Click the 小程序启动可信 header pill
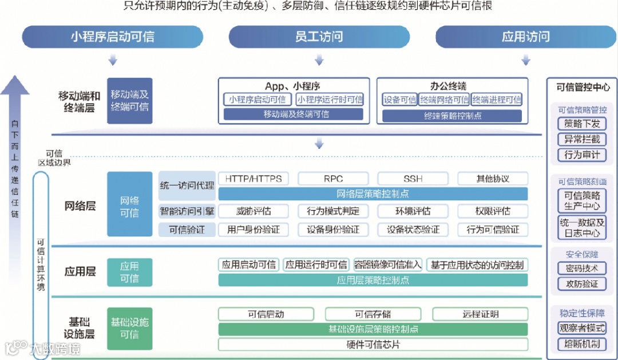coord(112,37)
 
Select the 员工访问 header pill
coord(319,37)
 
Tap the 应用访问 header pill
coord(525,37)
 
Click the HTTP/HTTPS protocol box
coord(253,179)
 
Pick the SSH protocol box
coord(413,179)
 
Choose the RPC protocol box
coord(333,179)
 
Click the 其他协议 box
coord(493,179)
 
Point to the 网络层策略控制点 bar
coord(373,194)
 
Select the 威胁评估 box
coord(253,211)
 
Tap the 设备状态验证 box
coord(413,229)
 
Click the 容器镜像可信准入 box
coord(388,264)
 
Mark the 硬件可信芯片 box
coord(373,345)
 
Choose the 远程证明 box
coord(480,314)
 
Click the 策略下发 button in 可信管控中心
coord(581,124)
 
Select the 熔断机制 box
coord(581,344)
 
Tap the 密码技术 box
coord(581,268)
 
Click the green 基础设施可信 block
coord(130,328)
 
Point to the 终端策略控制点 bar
coord(452,115)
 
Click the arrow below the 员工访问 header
coord(319,60)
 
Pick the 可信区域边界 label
coord(54,157)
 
